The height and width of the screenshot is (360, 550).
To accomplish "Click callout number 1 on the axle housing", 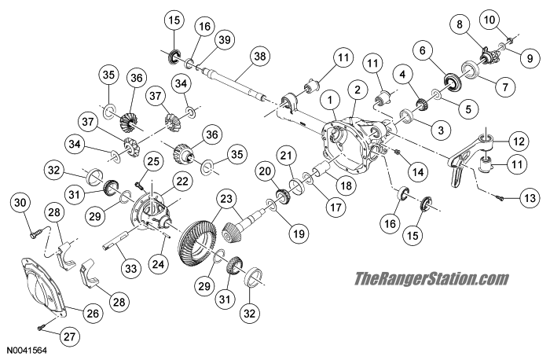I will click(332, 100).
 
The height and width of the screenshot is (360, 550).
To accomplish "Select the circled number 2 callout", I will click(357, 90).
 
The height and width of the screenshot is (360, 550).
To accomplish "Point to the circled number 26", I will click(92, 314).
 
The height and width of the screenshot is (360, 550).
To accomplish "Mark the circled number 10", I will click(511, 19).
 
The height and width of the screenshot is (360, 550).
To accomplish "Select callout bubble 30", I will click(20, 204).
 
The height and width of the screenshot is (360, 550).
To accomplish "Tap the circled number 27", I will click(70, 337).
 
